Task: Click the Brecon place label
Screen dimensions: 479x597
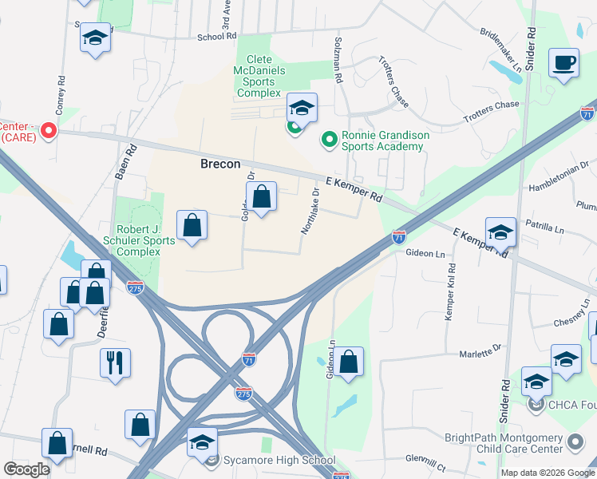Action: (x=219, y=164)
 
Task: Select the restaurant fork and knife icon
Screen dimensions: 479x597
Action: (x=114, y=363)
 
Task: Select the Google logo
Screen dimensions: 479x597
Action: (x=27, y=469)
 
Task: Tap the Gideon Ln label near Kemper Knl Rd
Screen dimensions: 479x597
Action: (x=425, y=253)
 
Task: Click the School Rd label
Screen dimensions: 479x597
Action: (x=217, y=37)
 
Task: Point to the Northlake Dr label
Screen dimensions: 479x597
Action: (x=310, y=211)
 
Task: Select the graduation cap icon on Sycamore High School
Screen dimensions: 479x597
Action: (x=203, y=442)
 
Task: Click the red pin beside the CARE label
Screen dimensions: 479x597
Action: (x=48, y=129)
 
